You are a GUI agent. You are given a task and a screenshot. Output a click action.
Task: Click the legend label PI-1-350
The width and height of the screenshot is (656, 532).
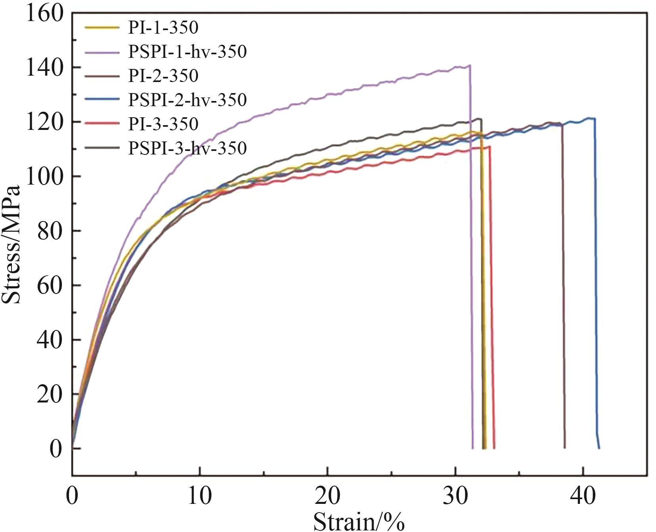click(163, 28)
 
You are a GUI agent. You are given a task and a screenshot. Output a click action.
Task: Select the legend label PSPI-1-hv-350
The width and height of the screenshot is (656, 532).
click(187, 51)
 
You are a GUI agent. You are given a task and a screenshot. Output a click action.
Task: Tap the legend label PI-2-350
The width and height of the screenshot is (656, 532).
click(163, 76)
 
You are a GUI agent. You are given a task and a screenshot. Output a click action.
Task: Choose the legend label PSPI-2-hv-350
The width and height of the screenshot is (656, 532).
click(187, 100)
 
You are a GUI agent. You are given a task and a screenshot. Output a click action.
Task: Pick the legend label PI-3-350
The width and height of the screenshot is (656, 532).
click(163, 124)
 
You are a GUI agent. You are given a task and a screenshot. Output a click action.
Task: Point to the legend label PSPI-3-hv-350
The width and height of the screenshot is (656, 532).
click(187, 148)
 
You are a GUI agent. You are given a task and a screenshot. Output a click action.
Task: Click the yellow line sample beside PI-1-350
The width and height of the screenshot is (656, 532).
click(102, 28)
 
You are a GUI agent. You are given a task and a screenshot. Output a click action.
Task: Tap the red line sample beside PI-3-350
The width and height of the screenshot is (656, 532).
click(102, 124)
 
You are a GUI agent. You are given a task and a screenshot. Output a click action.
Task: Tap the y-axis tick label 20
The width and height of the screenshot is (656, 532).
click(50, 394)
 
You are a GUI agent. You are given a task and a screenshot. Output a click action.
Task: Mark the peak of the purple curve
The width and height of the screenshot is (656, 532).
click(470, 65)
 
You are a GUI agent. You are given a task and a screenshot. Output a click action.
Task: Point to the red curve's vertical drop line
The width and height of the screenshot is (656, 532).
click(492, 297)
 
